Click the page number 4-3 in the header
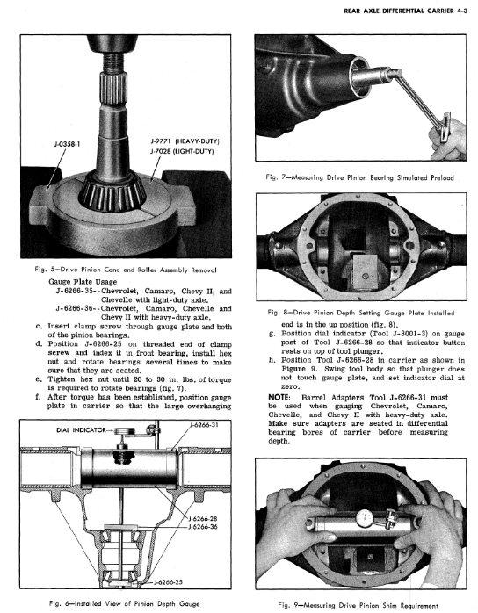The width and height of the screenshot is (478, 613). coord(461,11)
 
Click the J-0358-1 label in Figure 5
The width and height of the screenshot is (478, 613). coord(67,144)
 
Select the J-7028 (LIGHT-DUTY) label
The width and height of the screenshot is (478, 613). coord(182,151)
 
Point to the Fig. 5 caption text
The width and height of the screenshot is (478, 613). coord(125,270)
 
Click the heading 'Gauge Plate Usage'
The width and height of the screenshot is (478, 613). coord(83,282)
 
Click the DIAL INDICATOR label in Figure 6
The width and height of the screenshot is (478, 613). coord(81,430)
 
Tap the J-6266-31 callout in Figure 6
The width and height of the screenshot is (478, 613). coord(204,424)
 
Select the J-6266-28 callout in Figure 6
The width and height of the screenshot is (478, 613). coord(203,519)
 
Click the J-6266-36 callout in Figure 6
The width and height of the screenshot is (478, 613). coord(203,527)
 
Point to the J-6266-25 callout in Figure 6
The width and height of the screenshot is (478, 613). coord(168,581)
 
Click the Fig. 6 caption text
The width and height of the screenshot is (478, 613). coord(125,603)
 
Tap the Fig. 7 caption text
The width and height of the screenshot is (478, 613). coord(359,177)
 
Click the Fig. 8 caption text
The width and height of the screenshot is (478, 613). coord(361,313)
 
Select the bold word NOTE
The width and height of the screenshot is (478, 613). coord(279,397)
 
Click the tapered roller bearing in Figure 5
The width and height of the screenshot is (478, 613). coord(112,190)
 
